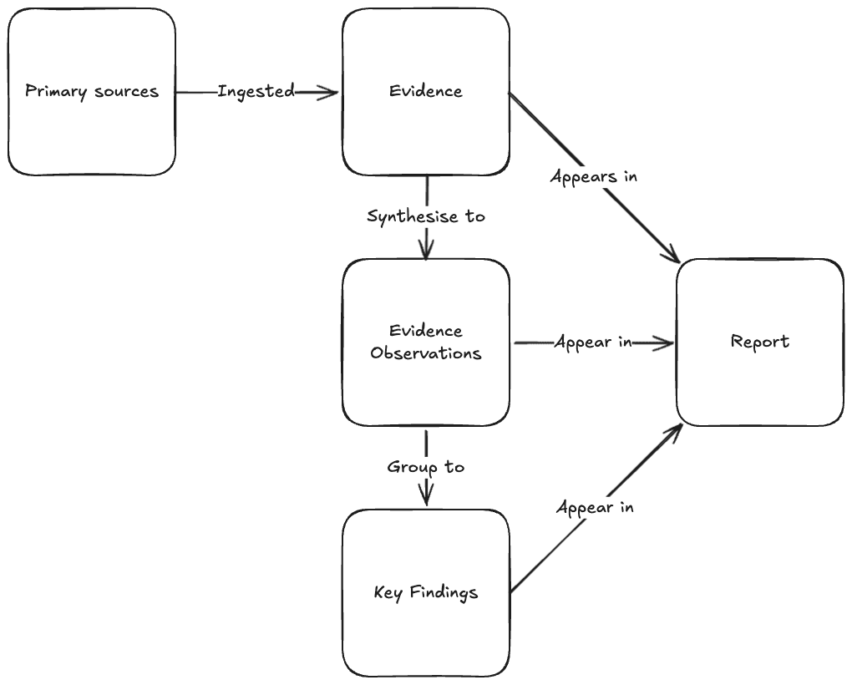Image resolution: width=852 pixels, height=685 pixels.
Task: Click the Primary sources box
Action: tap(92, 92)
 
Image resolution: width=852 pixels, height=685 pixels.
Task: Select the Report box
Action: tap(760, 342)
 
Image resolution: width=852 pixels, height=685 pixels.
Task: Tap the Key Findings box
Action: tap(426, 593)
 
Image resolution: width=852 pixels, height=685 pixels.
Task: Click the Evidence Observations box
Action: tap(426, 342)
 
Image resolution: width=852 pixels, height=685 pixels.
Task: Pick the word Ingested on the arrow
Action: tap(256, 91)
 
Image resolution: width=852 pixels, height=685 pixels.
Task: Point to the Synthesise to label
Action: tap(426, 216)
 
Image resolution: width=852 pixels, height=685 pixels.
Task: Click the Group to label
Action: tap(426, 467)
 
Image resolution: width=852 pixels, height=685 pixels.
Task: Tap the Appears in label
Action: tap(593, 176)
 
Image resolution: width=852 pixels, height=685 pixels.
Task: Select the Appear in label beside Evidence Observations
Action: tap(593, 342)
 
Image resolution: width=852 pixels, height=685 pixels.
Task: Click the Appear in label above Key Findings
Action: tap(595, 507)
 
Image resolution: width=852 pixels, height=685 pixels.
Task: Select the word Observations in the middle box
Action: tap(426, 353)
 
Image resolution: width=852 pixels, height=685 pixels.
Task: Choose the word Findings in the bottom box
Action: tap(444, 592)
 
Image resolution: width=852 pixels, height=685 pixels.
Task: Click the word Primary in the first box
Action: tap(56, 92)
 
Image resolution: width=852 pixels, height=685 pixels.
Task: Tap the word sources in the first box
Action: tap(127, 92)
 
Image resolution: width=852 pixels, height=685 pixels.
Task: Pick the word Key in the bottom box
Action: tap(388, 592)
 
